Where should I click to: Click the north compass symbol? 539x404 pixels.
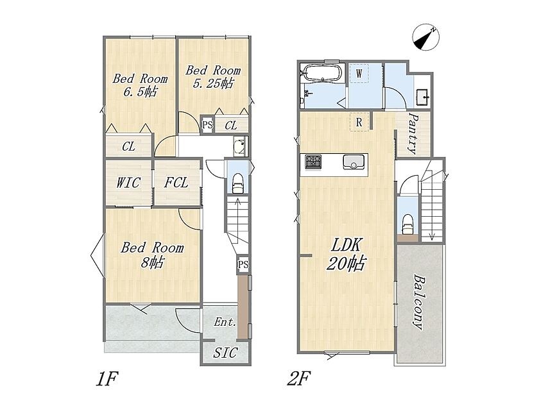click(x=426, y=37)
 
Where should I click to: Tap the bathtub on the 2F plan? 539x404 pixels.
click(x=322, y=73)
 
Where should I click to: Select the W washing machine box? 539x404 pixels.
click(x=359, y=73)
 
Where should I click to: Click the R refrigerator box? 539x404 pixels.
click(x=359, y=122)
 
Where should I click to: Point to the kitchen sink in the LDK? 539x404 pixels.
click(x=354, y=162)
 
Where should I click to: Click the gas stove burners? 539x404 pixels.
click(x=313, y=162)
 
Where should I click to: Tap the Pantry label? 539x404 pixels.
click(x=413, y=133)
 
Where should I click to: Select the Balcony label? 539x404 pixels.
click(x=418, y=301)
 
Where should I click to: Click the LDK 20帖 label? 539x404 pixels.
click(x=345, y=255)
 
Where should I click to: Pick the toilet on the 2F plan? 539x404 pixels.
click(x=407, y=224)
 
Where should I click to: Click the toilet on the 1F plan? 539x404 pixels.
click(x=238, y=183)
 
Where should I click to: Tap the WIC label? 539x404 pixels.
click(x=128, y=183)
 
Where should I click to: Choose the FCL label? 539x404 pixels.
click(x=176, y=182)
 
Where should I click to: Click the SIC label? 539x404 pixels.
click(x=225, y=353)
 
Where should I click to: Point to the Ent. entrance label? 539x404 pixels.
click(x=225, y=322)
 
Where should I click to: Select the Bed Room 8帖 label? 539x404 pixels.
click(x=152, y=255)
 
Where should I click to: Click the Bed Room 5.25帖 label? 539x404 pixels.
click(x=213, y=77)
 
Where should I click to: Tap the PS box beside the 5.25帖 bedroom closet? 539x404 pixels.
click(x=207, y=124)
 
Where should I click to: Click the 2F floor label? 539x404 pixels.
click(x=299, y=378)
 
